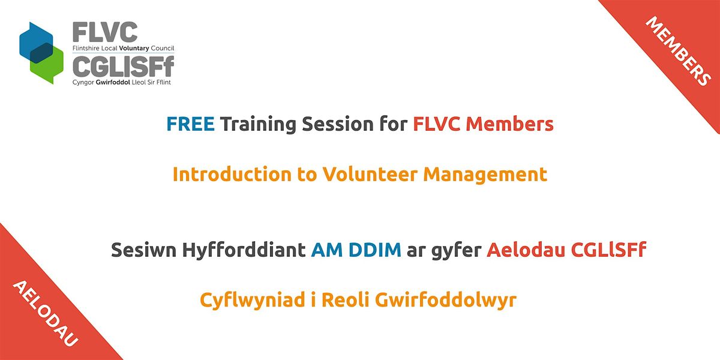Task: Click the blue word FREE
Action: click(x=190, y=124)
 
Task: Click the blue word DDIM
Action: click(x=376, y=250)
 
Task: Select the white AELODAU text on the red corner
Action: click(x=45, y=313)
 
